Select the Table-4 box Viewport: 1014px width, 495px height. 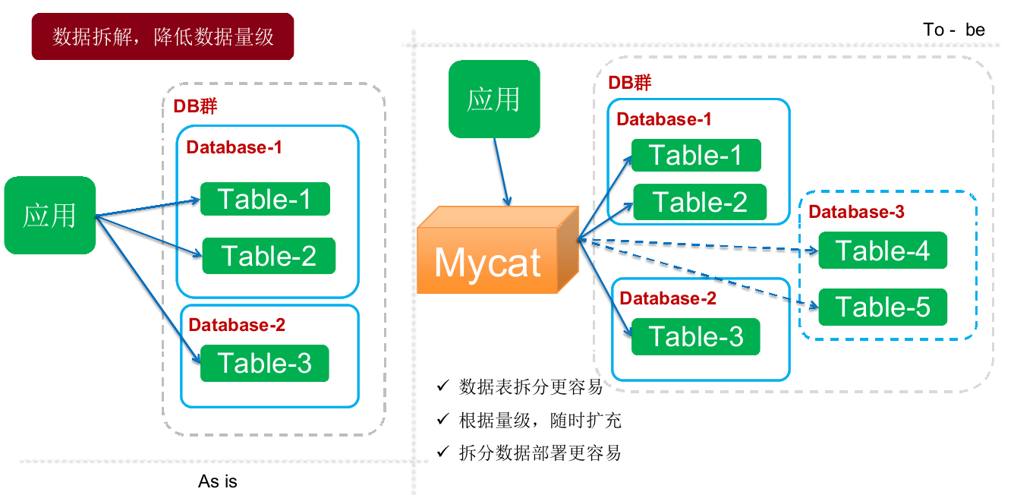[x=883, y=251]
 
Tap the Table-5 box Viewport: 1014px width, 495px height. [x=883, y=307]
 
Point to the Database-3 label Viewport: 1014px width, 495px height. [x=856, y=212]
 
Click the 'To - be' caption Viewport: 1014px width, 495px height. [x=954, y=30]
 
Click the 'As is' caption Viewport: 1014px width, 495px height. [x=218, y=481]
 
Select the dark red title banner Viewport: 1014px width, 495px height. [x=162, y=36]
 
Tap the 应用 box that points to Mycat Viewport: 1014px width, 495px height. [x=494, y=99]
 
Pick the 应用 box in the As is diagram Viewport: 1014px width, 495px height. [x=50, y=216]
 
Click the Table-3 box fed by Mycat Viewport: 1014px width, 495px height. [x=695, y=336]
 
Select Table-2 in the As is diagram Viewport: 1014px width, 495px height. [x=269, y=256]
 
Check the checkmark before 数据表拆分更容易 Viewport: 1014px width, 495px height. [x=442, y=386]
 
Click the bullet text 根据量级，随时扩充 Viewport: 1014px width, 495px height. [x=540, y=420]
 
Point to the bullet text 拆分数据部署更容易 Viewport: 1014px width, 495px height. [x=540, y=453]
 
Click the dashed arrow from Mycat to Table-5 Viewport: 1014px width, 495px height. [x=698, y=274]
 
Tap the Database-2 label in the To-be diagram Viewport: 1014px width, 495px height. [x=668, y=298]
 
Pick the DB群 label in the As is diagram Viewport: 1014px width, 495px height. [x=195, y=107]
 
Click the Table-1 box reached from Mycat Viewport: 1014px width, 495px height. [x=695, y=156]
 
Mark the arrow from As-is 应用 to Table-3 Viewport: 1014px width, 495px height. [x=148, y=285]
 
